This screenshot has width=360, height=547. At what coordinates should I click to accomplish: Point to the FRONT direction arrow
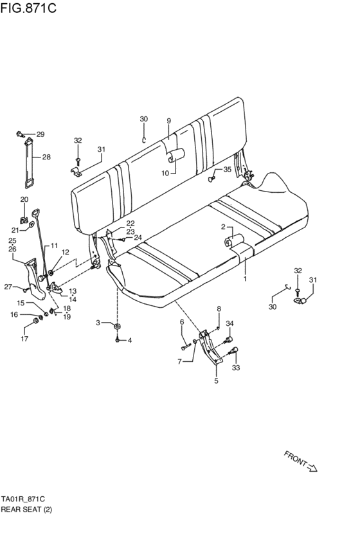point(301,462)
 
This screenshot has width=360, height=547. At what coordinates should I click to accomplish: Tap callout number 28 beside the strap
point(46,157)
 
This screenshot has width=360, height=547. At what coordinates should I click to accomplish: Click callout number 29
point(40,134)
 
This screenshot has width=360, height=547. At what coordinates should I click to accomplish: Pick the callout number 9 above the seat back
point(168,121)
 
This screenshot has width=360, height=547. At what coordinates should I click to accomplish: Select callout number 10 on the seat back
point(165,173)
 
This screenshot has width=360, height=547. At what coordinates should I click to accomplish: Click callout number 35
point(227,170)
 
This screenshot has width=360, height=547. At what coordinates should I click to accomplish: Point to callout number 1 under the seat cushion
point(245,280)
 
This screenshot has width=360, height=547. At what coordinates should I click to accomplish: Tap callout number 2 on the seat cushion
point(222,227)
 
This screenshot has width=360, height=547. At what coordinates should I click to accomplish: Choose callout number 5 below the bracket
point(216,381)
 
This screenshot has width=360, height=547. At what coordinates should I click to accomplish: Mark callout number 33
point(235,368)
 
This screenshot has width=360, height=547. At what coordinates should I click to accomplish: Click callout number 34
point(230,324)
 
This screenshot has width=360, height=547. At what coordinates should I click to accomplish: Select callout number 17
point(25,339)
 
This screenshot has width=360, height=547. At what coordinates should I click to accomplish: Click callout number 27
point(8,287)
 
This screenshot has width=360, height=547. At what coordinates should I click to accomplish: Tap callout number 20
point(24,199)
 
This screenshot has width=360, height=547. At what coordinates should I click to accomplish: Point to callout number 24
point(138,237)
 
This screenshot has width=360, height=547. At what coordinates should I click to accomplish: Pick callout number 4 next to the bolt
point(129,340)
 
